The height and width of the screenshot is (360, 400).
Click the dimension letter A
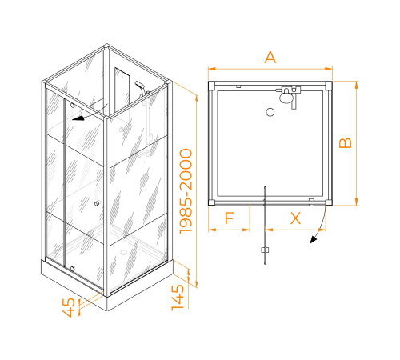[270, 58]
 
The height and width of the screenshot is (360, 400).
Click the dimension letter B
[346, 143]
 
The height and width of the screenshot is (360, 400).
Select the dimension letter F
[230, 218]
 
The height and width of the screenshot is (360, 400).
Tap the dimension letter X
[295, 218]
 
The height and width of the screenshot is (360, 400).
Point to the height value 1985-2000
[186, 191]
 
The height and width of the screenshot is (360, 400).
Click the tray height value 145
[178, 298]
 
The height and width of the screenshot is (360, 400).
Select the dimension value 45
[69, 307]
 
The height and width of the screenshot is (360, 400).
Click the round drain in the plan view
[270, 112]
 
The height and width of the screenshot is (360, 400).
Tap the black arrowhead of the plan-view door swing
[313, 239]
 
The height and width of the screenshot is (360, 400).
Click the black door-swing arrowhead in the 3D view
[78, 118]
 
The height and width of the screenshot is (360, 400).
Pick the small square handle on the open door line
[265, 250]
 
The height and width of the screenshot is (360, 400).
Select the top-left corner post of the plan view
[211, 86]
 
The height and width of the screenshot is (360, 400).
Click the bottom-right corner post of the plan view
[329, 202]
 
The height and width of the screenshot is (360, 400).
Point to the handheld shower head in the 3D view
[141, 86]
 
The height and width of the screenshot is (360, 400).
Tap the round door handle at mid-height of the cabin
[97, 203]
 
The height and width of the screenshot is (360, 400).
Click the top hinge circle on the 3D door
[72, 106]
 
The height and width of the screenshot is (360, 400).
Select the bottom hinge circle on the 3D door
[72, 269]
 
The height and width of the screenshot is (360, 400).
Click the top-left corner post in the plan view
[211, 86]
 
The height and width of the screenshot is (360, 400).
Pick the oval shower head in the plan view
[286, 98]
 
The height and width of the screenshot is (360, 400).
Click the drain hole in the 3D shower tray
[123, 251]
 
